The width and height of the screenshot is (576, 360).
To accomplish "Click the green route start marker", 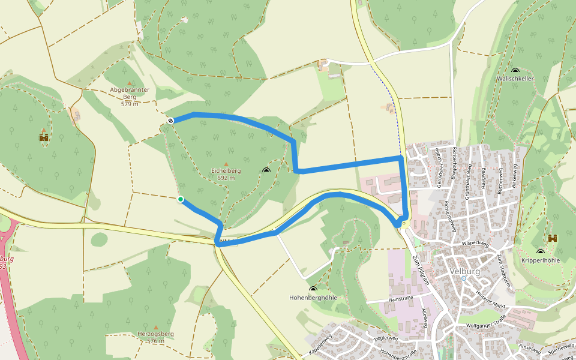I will [180, 199].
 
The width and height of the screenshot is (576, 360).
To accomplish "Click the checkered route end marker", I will [170, 121].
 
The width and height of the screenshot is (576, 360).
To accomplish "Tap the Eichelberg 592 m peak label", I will [226, 174].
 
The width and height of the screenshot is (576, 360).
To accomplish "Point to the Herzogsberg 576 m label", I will [155, 337].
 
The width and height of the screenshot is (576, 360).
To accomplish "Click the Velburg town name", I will [464, 271].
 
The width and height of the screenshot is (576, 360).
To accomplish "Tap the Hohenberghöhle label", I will [313, 298].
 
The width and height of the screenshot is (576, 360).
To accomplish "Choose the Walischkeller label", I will [515, 79].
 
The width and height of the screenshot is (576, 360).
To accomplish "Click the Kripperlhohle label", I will [541, 260].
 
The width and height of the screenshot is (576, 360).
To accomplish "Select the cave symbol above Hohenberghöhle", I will [313, 289].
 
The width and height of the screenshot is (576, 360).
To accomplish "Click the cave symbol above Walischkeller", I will [515, 70].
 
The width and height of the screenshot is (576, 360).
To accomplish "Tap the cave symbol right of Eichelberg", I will [266, 171].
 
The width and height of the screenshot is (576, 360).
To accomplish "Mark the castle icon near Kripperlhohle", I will [553, 239].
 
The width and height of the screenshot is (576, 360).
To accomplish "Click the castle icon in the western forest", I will [43, 137].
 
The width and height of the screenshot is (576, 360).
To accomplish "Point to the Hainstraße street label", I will [403, 298].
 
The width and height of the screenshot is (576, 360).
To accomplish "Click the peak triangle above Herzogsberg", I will [156, 327].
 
